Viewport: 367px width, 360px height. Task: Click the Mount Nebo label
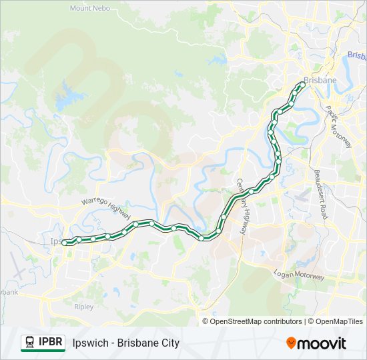click(91, 8)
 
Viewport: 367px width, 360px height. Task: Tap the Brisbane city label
click(320, 81)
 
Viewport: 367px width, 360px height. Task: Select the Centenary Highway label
click(242, 206)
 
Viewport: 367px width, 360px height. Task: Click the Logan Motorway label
click(299, 275)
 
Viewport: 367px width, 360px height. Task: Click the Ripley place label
click(84, 307)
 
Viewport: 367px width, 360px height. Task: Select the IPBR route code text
click(51, 343)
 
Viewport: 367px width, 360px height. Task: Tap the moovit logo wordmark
click(322, 343)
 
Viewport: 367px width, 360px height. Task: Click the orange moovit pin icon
click(291, 343)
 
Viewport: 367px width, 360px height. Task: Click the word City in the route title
click(168, 343)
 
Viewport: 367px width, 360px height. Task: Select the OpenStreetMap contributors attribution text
click(256, 321)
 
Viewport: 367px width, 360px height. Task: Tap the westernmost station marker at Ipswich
click(65, 243)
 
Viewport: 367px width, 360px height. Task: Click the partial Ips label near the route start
click(56, 241)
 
